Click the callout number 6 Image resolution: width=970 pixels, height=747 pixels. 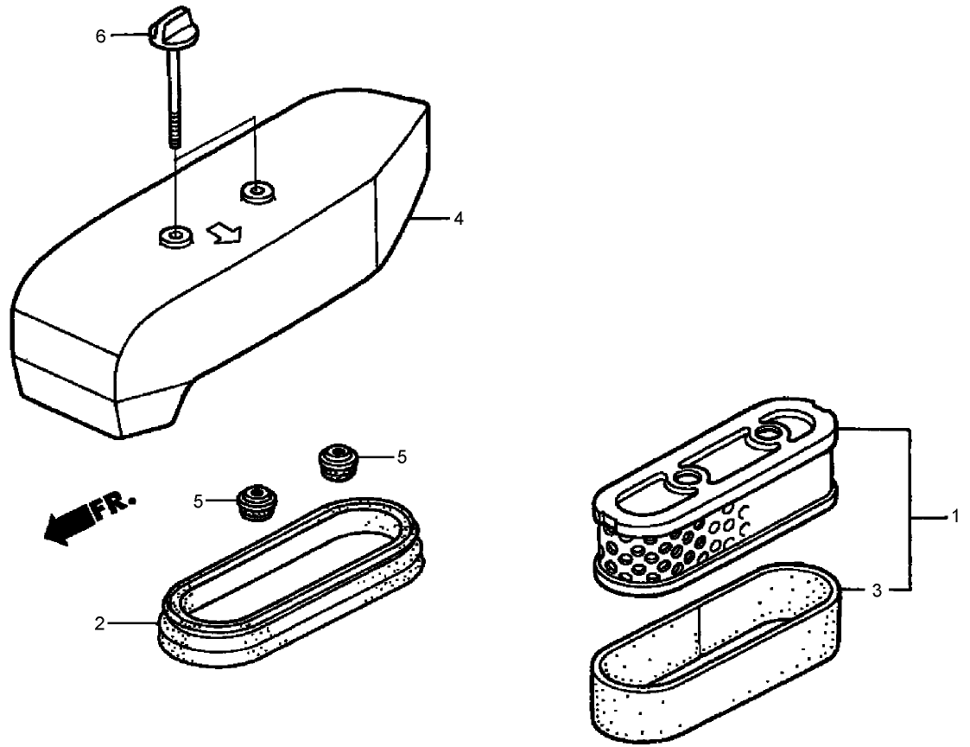[x=100, y=36]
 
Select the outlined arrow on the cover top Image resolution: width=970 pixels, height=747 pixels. [x=224, y=234]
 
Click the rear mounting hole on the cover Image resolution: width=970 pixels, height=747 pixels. [x=257, y=191]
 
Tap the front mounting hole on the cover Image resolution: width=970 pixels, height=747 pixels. [x=175, y=237]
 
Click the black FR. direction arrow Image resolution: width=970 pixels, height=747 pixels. [x=67, y=522]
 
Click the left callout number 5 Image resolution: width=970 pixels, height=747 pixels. [x=198, y=501]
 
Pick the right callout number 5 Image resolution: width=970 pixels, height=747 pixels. [x=402, y=457]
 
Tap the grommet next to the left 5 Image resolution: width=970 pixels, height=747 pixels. [x=257, y=501]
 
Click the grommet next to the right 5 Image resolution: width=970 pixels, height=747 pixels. [x=338, y=461]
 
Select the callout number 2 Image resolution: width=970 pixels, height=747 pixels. [x=99, y=623]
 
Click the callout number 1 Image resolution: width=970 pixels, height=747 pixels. [x=955, y=515]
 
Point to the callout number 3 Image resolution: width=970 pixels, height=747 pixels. [x=877, y=591]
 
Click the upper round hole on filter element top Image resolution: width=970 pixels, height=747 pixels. [x=767, y=433]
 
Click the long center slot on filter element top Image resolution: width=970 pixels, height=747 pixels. [x=720, y=456]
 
